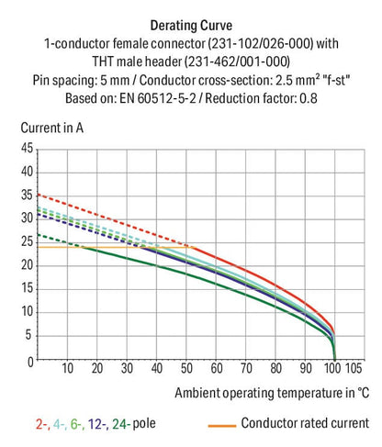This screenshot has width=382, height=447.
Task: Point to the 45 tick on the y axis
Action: point(26,148)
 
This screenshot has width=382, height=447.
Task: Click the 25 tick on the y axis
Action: point(26,241)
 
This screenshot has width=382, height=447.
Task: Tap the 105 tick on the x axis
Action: point(353,369)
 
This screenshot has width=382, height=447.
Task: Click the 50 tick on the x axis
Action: point(187,369)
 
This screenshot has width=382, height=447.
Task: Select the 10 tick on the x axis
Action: point(67,369)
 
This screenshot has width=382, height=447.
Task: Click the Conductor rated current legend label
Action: point(304,424)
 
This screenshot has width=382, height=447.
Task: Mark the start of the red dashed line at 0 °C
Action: point(38,195)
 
